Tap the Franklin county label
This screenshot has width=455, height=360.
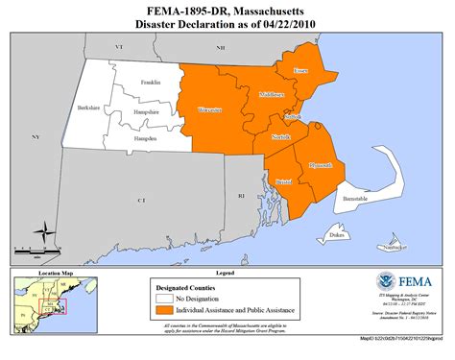pyautogui.click(x=150, y=84)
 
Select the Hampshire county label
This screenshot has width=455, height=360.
pyautogui.click(x=146, y=111)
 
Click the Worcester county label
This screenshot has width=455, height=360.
pyautogui.click(x=209, y=110)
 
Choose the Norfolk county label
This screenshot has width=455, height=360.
pyautogui.click(x=281, y=137)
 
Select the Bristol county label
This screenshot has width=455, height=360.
pyautogui.click(x=284, y=180)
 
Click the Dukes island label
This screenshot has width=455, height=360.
pyautogui.click(x=336, y=234)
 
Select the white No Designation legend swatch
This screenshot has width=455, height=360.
pyautogui.click(x=165, y=298)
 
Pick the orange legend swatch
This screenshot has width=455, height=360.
pyautogui.click(x=165, y=311)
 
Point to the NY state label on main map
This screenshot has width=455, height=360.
pyautogui.click(x=36, y=138)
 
